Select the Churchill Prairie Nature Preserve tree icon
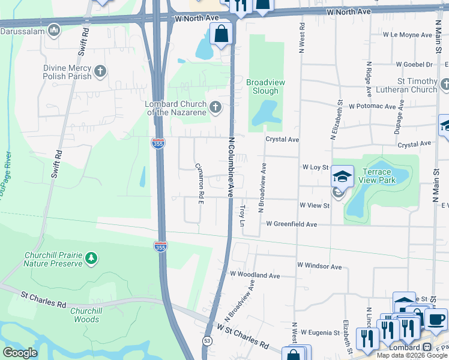tap(91, 259)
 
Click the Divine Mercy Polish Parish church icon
tap(100, 72)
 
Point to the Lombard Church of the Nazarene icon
tap(214, 108)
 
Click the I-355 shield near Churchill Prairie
tap(160, 246)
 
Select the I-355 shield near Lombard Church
tap(157, 142)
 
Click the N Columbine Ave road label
tap(230, 167)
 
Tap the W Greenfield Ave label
tap(291, 224)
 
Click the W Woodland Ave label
tap(255, 275)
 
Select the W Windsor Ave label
tap(319, 266)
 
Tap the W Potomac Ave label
tap(372, 106)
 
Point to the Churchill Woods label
tap(84, 315)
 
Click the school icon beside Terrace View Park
tap(342, 176)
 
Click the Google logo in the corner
tap(20, 353)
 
